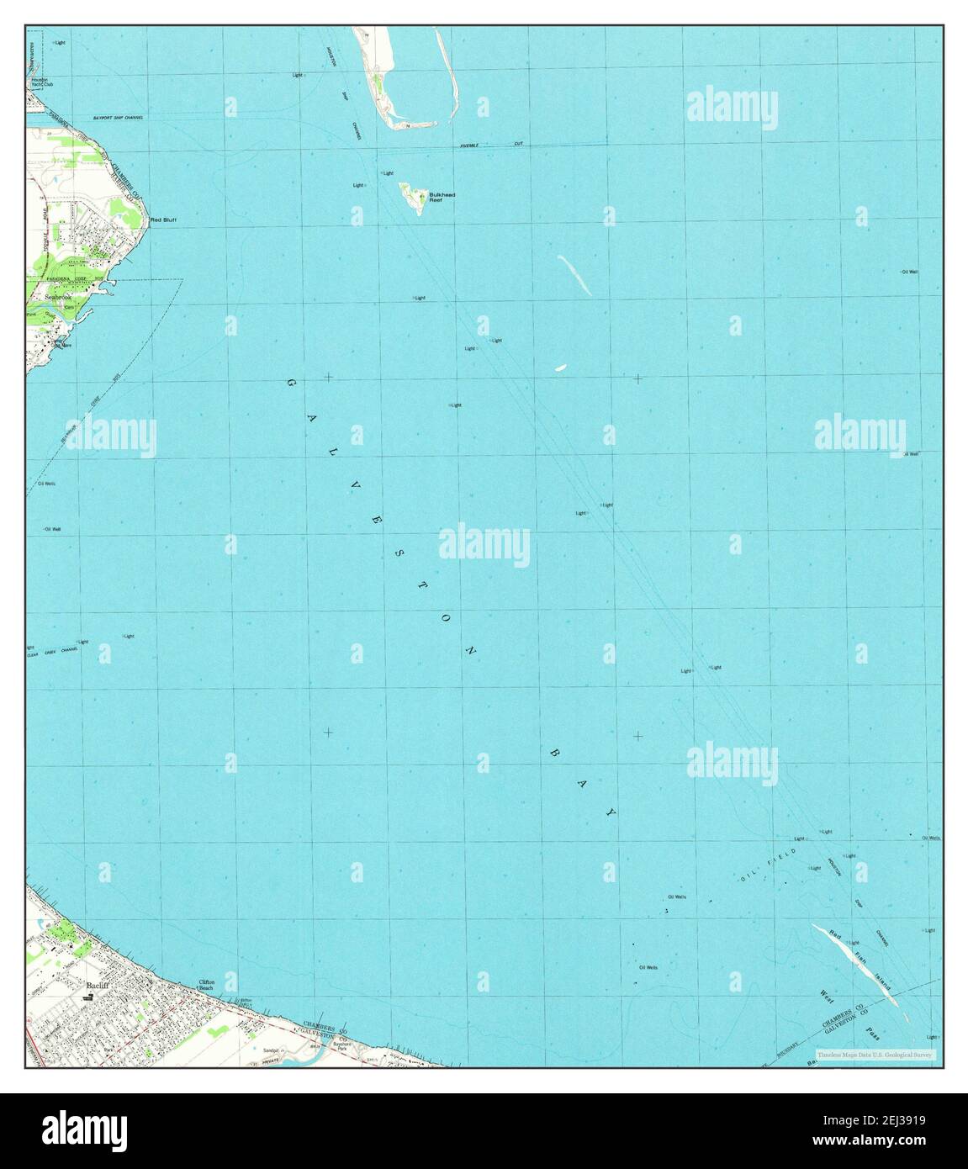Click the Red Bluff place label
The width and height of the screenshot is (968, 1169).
[163, 220]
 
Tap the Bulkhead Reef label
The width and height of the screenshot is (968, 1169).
[442, 198]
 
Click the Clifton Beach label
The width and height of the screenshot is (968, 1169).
[207, 984]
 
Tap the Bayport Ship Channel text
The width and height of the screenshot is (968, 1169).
[118, 118]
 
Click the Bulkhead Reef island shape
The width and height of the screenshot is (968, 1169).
[412, 198]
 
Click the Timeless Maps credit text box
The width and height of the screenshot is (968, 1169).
[874, 1055]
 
